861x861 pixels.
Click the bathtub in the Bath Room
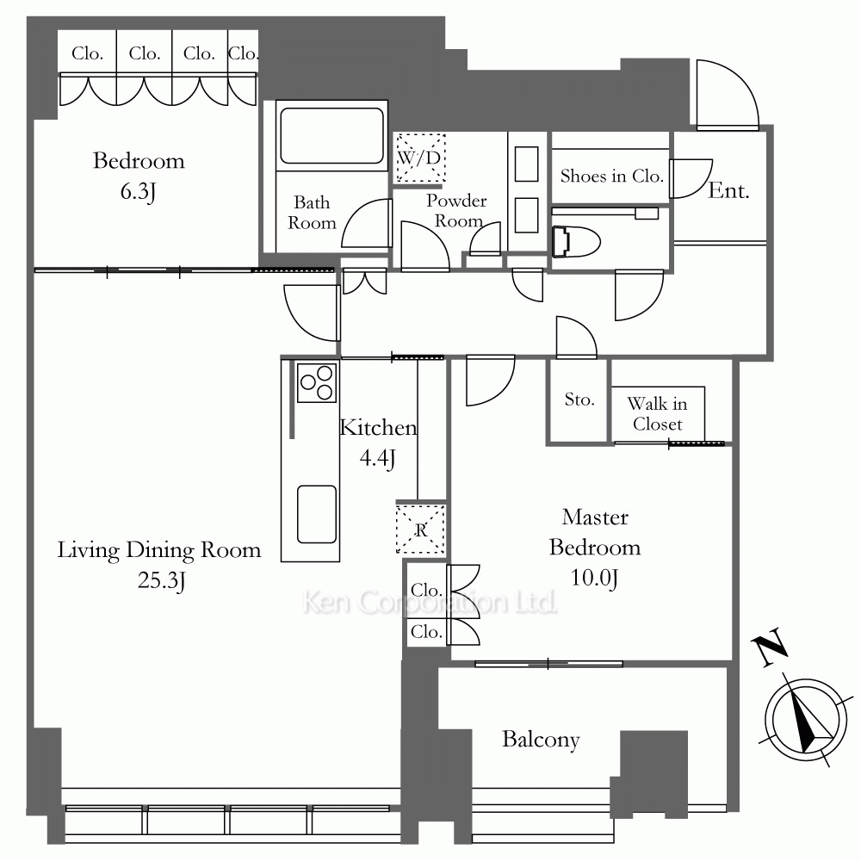pyautogui.click(x=331, y=135)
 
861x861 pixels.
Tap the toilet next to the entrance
pyautogui.click(x=575, y=242)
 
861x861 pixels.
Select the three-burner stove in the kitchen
pyautogui.click(x=316, y=382)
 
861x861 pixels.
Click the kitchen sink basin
pyautogui.click(x=316, y=514)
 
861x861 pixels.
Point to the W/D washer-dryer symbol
pyautogui.click(x=420, y=158)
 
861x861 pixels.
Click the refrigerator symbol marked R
pyautogui.click(x=421, y=530)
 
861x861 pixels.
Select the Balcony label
pyautogui.click(x=541, y=740)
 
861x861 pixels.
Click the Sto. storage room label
pyautogui.click(x=579, y=400)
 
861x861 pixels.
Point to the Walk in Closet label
pyautogui.click(x=657, y=413)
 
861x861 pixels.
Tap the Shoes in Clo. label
pyautogui.click(x=611, y=176)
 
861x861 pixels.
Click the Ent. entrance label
pyautogui.click(x=728, y=190)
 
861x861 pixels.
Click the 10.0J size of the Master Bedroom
pyautogui.click(x=595, y=579)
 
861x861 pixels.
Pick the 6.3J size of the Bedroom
pyautogui.click(x=139, y=192)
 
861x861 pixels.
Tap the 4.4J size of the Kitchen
pyautogui.click(x=378, y=458)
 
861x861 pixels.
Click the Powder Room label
pyautogui.click(x=457, y=211)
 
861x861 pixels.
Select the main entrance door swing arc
pyautogui.click(x=728, y=95)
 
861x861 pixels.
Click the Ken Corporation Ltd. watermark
pyautogui.click(x=430, y=603)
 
